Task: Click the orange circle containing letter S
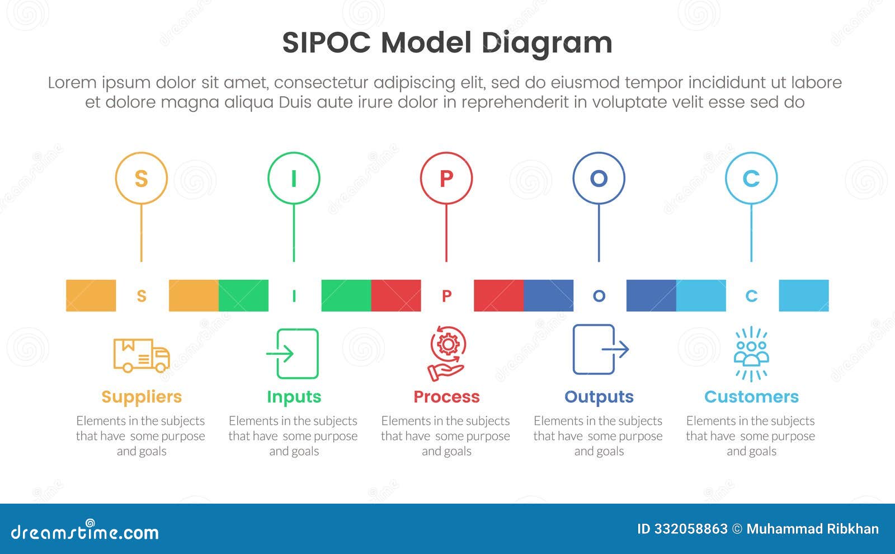[142, 179]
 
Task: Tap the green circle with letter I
[294, 179]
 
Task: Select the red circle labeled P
[446, 179]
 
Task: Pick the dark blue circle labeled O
[599, 179]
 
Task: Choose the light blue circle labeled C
[751, 179]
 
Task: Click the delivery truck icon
[142, 355]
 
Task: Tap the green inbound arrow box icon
[293, 354]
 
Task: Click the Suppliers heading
[142, 397]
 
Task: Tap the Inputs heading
[294, 397]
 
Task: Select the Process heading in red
[446, 397]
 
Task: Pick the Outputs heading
[599, 397]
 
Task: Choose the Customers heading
[751, 397]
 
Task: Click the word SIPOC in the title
[326, 43]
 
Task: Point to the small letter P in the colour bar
[446, 296]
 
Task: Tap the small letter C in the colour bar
[751, 296]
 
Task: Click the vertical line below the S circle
[142, 232]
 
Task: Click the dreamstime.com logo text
[84, 532]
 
